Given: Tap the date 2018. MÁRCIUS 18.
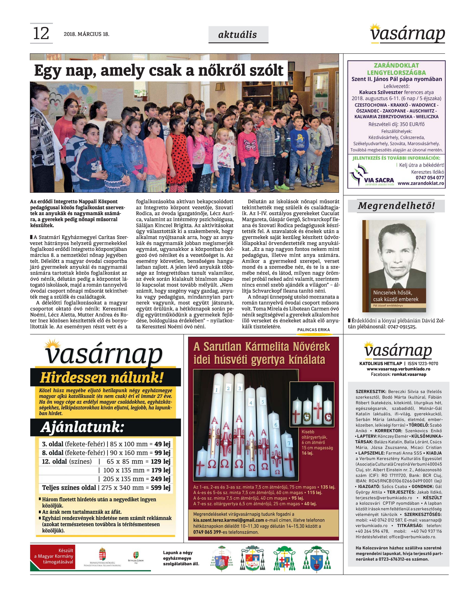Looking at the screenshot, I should [86, 34].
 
